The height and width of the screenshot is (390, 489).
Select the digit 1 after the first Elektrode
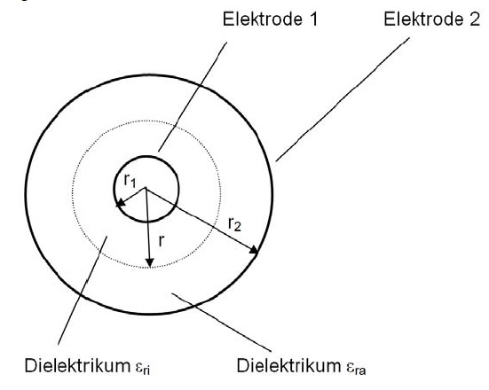click(313, 19)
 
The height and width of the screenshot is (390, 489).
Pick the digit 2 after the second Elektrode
click(474, 19)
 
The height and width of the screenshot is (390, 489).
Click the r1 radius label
click(130, 181)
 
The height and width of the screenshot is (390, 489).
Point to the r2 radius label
click(234, 223)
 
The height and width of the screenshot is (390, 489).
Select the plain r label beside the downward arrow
click(161, 241)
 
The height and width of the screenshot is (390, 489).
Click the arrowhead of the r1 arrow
click(120, 203)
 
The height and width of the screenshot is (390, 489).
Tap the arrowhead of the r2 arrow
click(254, 250)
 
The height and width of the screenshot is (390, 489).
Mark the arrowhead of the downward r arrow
click(150, 262)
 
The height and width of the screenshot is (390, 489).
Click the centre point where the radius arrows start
click(145, 188)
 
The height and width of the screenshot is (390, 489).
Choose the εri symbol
click(143, 367)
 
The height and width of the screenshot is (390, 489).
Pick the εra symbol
click(356, 367)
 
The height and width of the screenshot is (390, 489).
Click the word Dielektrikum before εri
click(77, 365)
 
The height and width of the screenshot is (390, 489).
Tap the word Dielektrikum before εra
click(288, 365)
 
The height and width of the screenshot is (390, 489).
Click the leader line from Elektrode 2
click(342, 99)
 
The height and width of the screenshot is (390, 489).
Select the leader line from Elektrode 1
click(193, 97)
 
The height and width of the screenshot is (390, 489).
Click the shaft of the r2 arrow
click(200, 219)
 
